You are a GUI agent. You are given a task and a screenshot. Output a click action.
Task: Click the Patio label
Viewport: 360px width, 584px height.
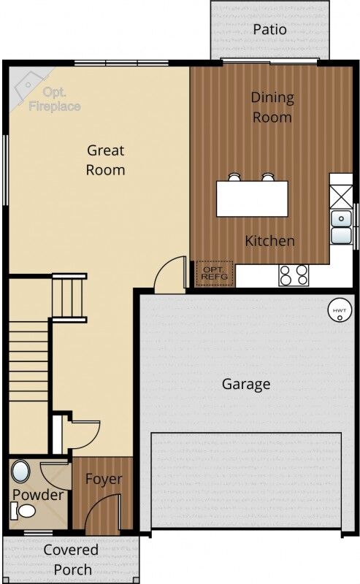[x=269, y=29]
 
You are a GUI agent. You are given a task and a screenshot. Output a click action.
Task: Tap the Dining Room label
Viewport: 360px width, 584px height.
[x=272, y=107]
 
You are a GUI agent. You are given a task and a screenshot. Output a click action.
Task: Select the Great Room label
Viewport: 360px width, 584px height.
[x=106, y=160]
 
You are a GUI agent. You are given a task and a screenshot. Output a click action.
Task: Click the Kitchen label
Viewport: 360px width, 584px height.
[x=269, y=241]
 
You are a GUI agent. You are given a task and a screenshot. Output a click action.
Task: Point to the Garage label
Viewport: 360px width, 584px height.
[x=246, y=384]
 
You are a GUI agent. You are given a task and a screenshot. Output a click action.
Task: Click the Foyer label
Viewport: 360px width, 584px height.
[x=104, y=480]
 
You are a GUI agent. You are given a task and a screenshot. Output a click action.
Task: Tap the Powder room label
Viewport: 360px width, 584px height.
[x=38, y=495]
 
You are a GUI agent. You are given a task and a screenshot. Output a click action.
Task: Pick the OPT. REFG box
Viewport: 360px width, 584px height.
[x=215, y=274]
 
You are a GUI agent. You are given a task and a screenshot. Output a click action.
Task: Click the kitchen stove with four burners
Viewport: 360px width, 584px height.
[x=294, y=274]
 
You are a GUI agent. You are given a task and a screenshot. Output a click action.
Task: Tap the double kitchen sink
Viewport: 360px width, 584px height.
[x=340, y=226]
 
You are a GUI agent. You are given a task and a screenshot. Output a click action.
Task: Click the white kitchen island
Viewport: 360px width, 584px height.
[x=252, y=199]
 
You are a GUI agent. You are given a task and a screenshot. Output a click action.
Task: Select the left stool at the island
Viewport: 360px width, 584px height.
[x=234, y=177]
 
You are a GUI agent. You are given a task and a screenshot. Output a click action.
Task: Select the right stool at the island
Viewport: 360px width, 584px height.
[x=268, y=177]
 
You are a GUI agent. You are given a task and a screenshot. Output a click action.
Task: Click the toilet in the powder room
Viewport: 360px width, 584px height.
[x=26, y=511]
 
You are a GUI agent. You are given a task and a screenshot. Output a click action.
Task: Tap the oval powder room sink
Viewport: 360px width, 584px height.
[x=21, y=472]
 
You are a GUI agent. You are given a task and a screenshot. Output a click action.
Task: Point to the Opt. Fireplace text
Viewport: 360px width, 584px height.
[x=53, y=99]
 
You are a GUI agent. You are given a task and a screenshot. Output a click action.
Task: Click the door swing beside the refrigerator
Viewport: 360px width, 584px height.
[x=172, y=275]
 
